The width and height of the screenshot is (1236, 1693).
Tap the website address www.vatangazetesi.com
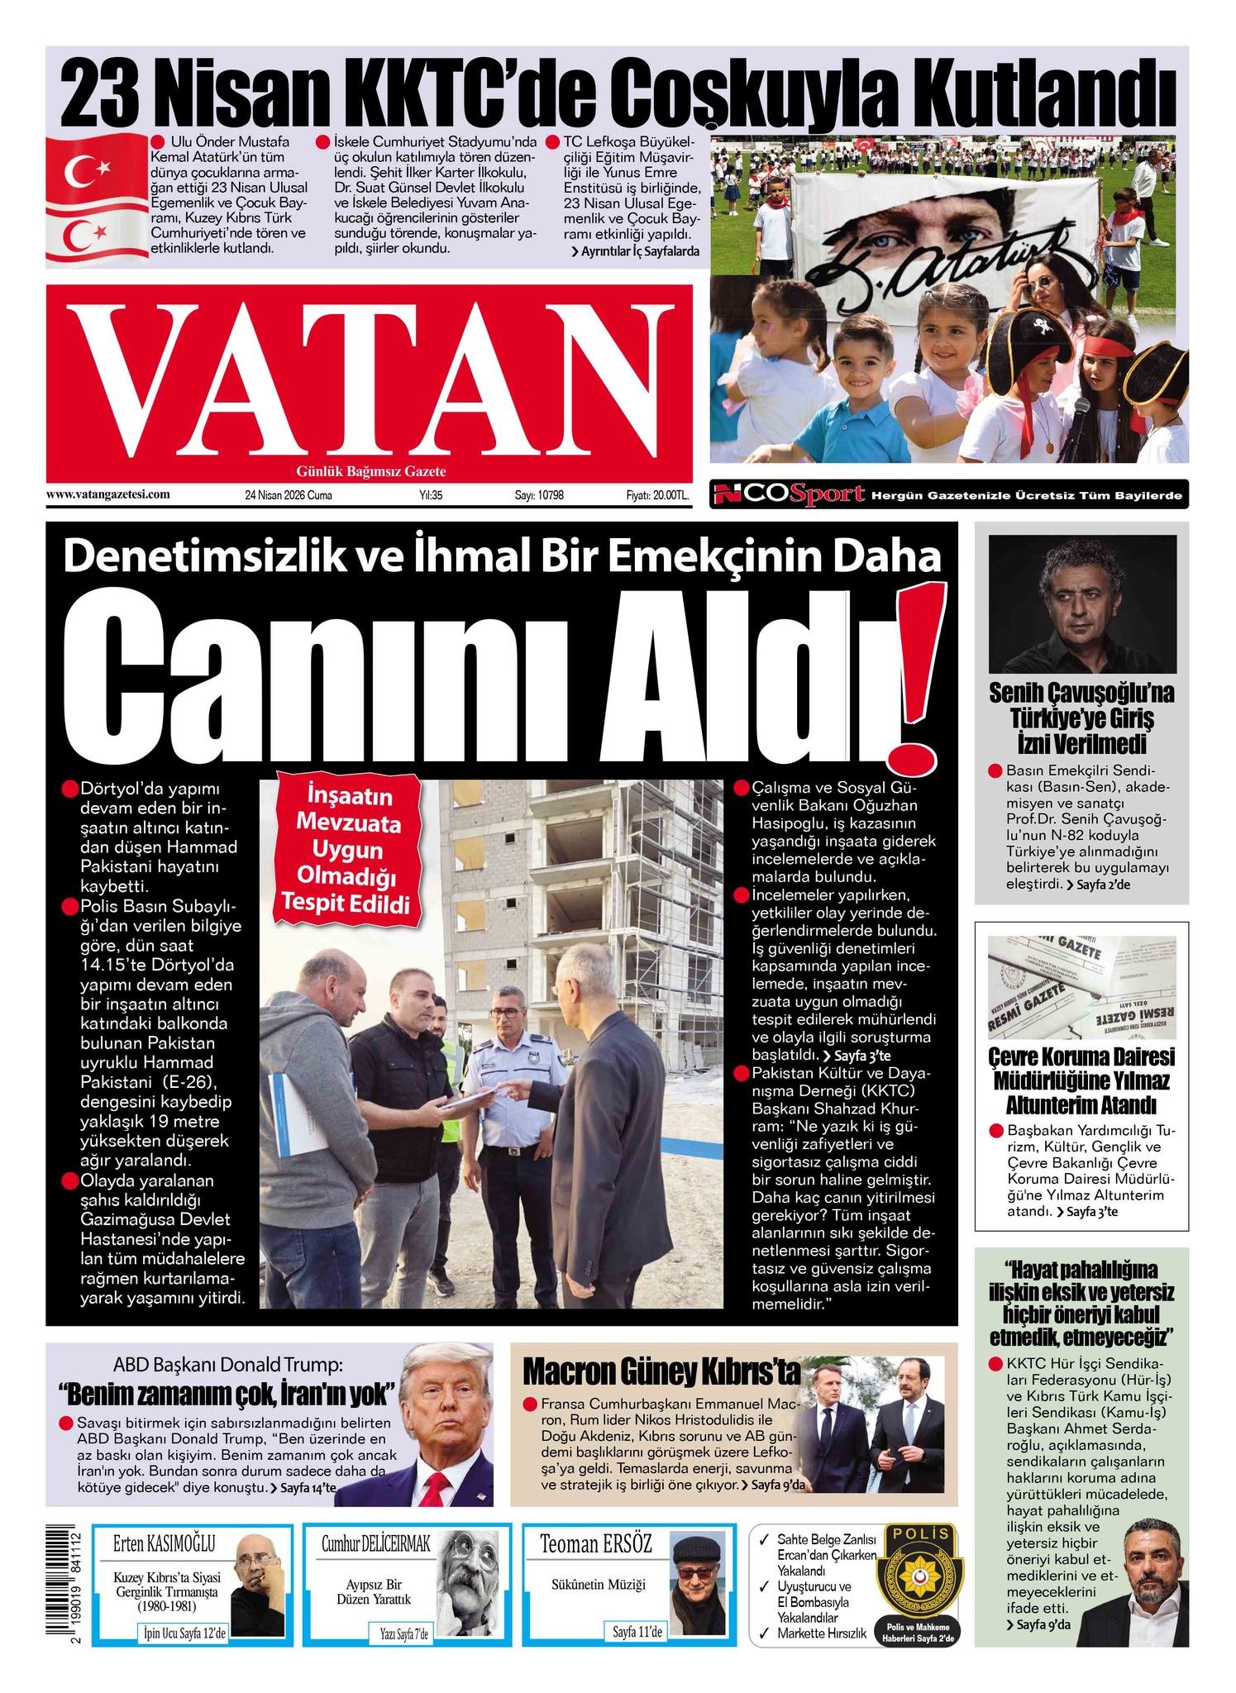pyautogui.click(x=108, y=494)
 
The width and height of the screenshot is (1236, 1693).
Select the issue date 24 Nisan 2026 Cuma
pyautogui.click(x=288, y=495)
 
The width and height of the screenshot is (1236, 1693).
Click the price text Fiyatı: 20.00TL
pyautogui.click(x=657, y=495)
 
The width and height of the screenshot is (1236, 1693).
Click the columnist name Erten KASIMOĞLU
pyautogui.click(x=164, y=1543)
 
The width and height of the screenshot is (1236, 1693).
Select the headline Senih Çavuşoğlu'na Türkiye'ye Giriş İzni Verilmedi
pyautogui.click(x=1081, y=718)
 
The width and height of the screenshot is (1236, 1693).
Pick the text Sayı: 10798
pyautogui.click(x=539, y=495)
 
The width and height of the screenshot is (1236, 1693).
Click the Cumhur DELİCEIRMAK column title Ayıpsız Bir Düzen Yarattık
pyautogui.click(x=374, y=1591)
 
